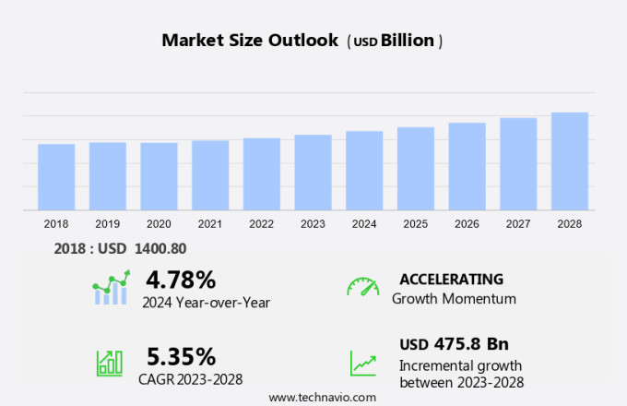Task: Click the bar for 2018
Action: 56,177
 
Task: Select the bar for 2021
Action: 210,175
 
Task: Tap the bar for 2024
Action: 364,171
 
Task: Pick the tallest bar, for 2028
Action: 570,161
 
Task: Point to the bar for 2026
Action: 467,167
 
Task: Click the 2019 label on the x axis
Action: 108,223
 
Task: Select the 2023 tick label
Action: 313,223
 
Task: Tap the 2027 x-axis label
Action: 518,223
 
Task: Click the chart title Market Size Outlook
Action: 250,40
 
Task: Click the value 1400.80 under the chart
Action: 155,247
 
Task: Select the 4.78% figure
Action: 181,280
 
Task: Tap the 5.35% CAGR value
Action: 181,356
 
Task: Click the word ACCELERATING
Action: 451,279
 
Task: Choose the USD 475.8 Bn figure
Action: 454,344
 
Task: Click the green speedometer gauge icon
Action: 362,286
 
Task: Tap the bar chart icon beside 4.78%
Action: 112,288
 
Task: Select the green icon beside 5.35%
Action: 110,362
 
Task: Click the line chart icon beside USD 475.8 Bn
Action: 362,363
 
